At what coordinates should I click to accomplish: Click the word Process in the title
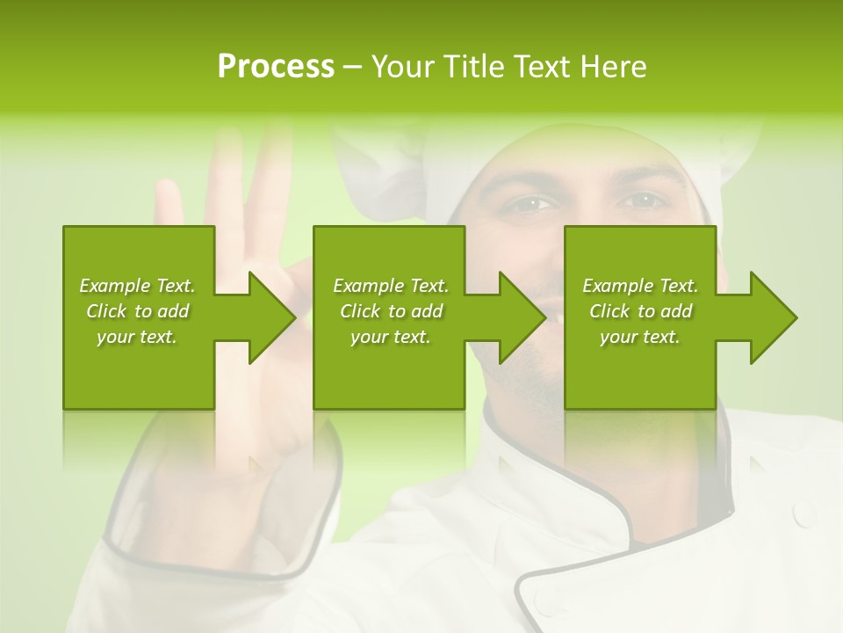pos(276,67)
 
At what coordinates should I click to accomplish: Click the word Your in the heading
pos(404,67)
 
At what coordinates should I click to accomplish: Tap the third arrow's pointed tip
pos(796,317)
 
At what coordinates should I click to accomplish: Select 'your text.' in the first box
pos(137,337)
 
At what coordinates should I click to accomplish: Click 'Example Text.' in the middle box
pos(391,286)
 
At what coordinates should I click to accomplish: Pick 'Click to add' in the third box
pos(640,311)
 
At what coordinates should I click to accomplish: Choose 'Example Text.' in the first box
pos(137,286)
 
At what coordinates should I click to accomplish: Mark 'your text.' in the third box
pos(640,337)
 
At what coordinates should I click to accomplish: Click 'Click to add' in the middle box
pos(391,311)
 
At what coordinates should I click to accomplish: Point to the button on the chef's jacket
pos(803,512)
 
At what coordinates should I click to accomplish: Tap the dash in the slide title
pos(351,68)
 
